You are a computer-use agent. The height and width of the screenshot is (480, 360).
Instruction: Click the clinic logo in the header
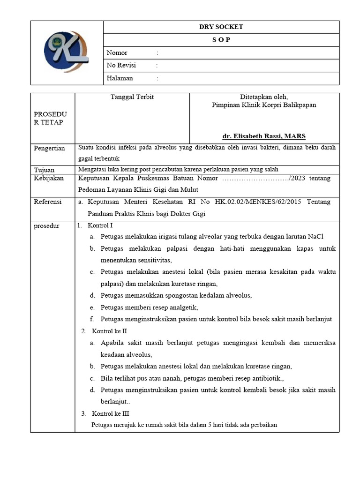click(x=66, y=52)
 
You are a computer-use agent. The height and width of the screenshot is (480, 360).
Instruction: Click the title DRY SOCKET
click(x=221, y=27)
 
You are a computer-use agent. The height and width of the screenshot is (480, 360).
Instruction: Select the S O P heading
click(x=221, y=40)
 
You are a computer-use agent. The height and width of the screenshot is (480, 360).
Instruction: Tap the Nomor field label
click(x=117, y=53)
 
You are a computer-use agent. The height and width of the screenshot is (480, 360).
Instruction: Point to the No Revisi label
click(x=121, y=66)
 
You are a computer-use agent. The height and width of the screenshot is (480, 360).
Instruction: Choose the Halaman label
click(x=120, y=78)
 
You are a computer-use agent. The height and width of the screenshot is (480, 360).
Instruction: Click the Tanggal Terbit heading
click(x=132, y=97)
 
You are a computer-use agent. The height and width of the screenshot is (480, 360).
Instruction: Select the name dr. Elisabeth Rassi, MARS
click(x=264, y=136)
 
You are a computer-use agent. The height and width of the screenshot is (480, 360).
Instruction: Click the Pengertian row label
click(x=49, y=148)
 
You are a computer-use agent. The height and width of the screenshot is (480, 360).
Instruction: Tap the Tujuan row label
click(x=45, y=170)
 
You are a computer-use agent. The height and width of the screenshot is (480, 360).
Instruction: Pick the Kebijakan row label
click(x=48, y=179)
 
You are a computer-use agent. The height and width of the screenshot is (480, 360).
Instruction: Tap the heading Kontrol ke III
click(x=111, y=414)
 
